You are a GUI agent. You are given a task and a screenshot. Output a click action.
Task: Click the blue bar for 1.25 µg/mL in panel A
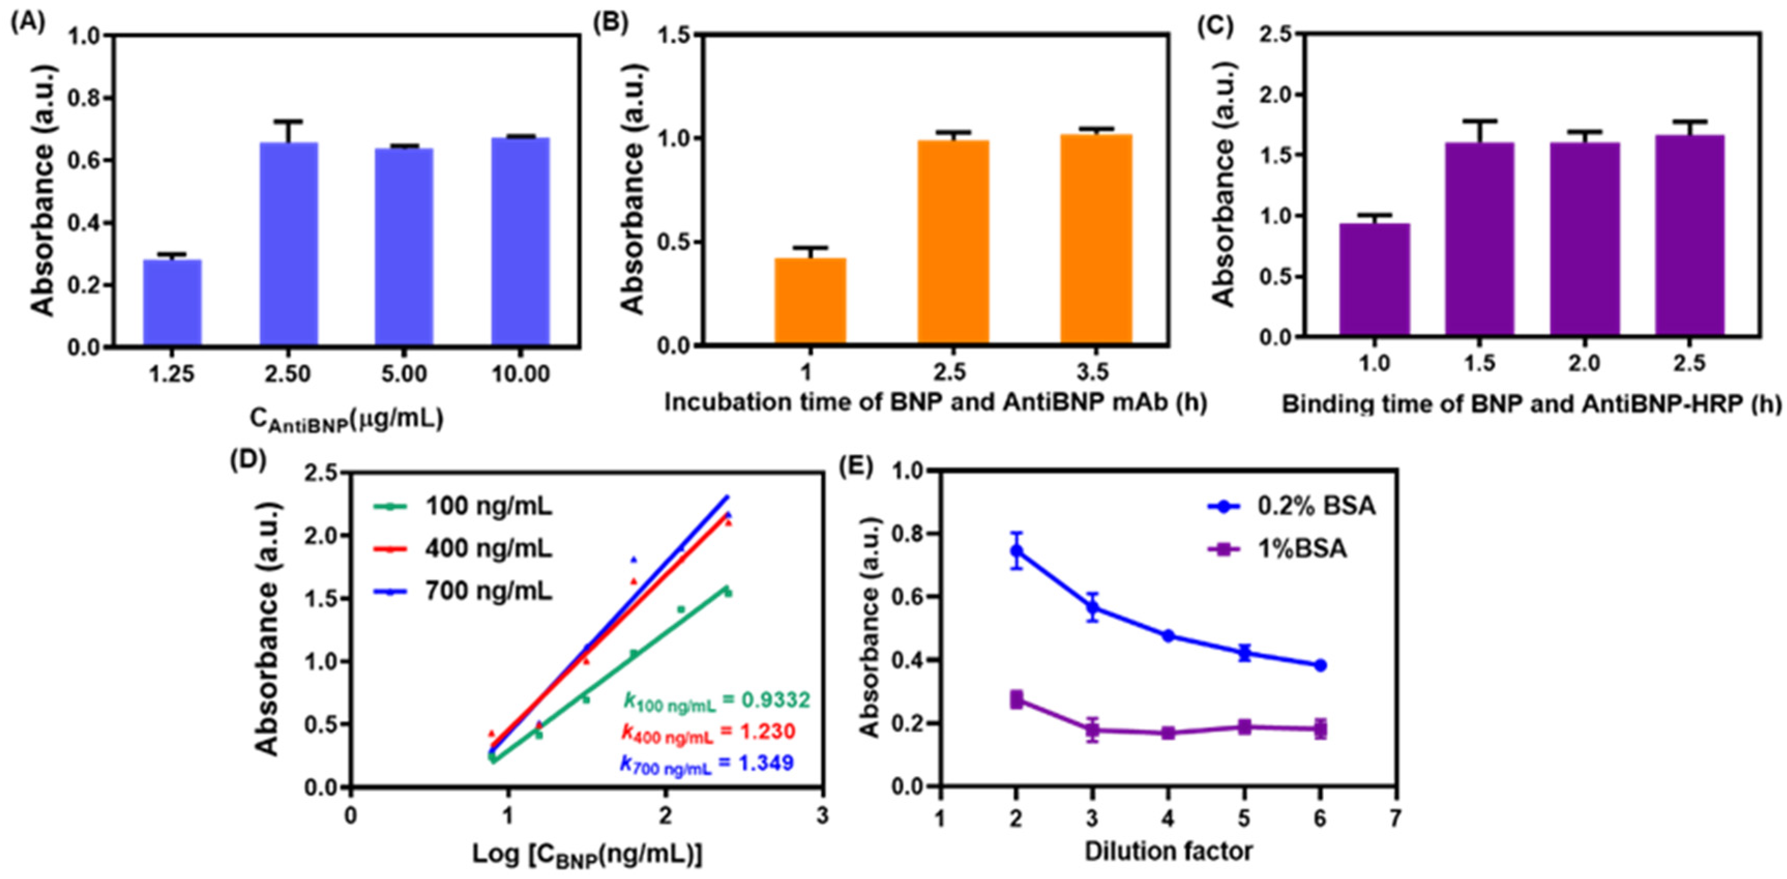(172, 302)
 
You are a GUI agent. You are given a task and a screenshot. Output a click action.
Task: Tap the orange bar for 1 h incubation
(810, 301)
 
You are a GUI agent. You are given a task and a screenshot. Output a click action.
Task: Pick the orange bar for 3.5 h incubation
(1096, 239)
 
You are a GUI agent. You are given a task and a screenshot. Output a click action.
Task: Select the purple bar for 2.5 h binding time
(1689, 236)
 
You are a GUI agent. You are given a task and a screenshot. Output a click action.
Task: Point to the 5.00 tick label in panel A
(405, 374)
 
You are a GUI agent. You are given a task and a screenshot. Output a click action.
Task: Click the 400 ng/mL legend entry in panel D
(489, 550)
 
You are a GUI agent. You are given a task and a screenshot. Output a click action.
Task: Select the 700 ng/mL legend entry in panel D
(489, 592)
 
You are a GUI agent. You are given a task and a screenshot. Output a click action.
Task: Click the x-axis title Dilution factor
(1168, 851)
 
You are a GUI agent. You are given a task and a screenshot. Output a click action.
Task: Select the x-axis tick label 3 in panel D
(822, 816)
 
